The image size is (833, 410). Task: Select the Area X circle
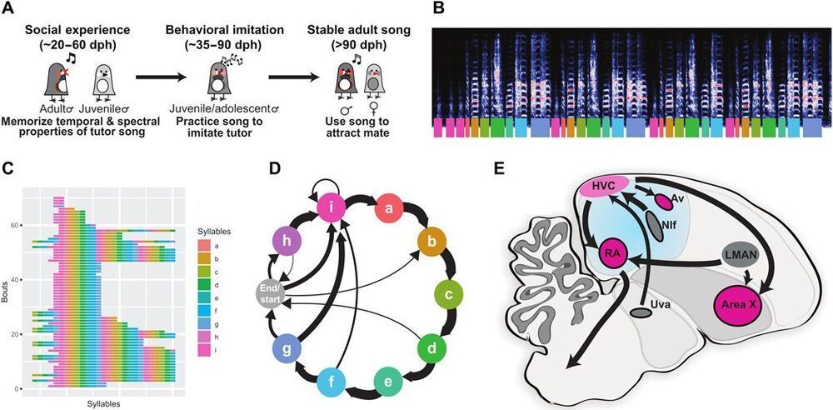pos(735,305)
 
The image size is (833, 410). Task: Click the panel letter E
pos(498,170)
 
